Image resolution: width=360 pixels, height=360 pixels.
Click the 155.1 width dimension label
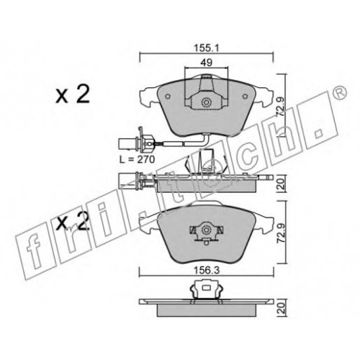(207, 48)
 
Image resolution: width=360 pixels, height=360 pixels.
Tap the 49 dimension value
(207, 63)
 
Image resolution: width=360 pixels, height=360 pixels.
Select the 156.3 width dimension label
(207, 271)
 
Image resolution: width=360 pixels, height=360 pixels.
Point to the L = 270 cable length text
(138, 159)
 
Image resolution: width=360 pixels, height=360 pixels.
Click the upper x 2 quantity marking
(73, 95)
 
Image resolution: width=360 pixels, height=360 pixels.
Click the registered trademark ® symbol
(341, 92)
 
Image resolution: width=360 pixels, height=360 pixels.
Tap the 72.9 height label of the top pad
(281, 107)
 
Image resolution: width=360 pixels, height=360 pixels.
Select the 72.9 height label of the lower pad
(281, 233)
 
